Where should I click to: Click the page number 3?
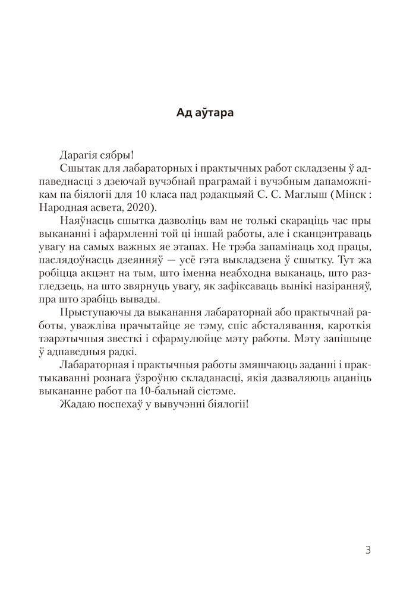coord(368,550)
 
